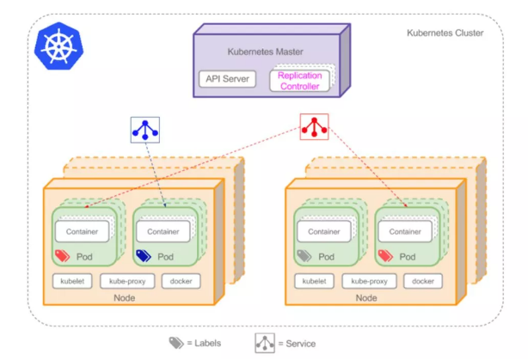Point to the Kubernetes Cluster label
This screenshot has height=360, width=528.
444,33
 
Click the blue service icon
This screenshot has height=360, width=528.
145,130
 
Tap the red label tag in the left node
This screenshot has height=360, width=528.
63,256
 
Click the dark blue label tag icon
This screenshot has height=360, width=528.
144,256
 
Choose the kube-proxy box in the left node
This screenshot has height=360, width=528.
126,281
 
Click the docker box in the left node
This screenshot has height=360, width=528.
180,281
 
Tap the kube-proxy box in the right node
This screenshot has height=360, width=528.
368,281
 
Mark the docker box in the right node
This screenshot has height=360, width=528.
422,281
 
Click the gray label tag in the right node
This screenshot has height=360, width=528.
304,256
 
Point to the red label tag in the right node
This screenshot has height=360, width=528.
385,256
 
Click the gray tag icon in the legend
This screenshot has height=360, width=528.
176,343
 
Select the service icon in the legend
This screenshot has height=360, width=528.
264,343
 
